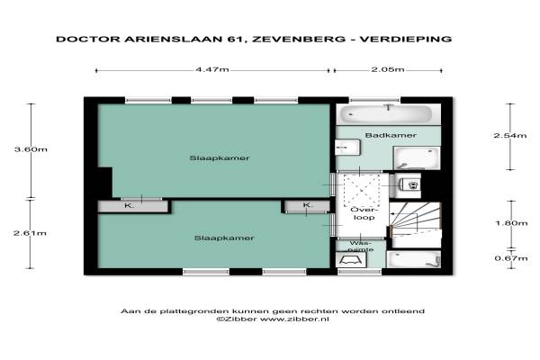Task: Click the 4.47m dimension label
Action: pyautogui.click(x=212, y=69)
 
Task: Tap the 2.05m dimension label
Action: pyautogui.click(x=388, y=69)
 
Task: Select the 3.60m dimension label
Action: pyautogui.click(x=31, y=149)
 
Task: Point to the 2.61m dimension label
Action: pyautogui.click(x=30, y=233)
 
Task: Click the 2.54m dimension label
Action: pyautogui.click(x=510, y=135)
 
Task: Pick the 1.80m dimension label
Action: pyautogui.click(x=511, y=223)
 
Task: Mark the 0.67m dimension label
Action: pyautogui.click(x=511, y=258)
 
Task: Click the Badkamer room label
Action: pyautogui.click(x=391, y=135)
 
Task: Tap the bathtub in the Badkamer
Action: pyautogui.click(x=388, y=114)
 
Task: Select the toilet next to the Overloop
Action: pyautogui.click(x=410, y=185)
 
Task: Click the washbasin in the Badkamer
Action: pyautogui.click(x=347, y=148)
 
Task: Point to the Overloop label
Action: pyautogui.click(x=364, y=213)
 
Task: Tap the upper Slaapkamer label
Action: pyautogui.click(x=220, y=158)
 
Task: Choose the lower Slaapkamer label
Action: pyautogui.click(x=224, y=238)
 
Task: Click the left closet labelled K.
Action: pyautogui.click(x=132, y=206)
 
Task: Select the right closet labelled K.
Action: pyautogui.click(x=307, y=206)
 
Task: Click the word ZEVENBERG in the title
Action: pyautogui.click(x=299, y=39)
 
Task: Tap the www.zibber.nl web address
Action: pyautogui.click(x=294, y=319)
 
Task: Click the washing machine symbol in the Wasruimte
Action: pyautogui.click(x=351, y=260)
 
